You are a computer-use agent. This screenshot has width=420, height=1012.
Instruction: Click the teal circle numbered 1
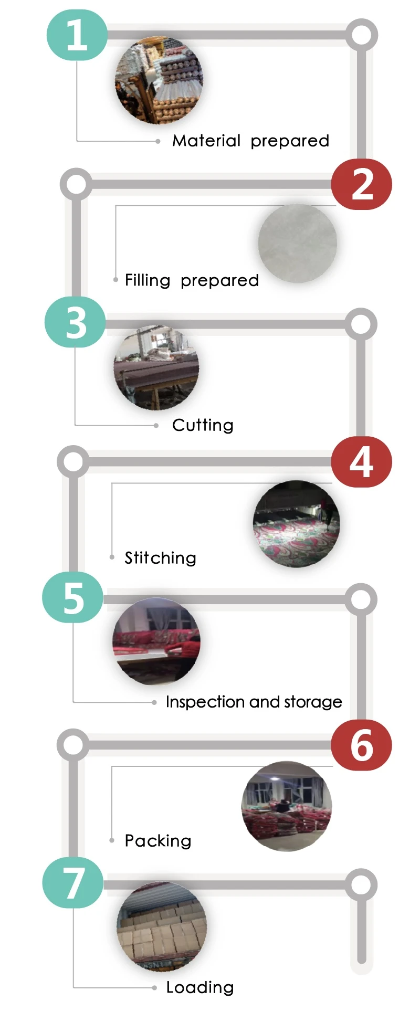pos(77,35)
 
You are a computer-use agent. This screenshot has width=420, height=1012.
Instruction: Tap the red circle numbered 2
pos(361,184)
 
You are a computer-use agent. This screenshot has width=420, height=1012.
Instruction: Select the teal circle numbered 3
pos(75,322)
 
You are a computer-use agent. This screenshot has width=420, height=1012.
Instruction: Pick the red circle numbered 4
pos(361,462)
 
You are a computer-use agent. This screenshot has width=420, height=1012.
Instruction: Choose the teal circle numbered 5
pos(72,598)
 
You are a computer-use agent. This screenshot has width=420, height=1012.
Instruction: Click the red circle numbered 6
pos(361,745)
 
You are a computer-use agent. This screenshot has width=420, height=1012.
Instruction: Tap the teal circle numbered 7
pos(72,883)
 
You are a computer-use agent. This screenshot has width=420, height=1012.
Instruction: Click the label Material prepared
pos(251,141)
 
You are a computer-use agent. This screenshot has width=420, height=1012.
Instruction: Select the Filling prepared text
pos(192,280)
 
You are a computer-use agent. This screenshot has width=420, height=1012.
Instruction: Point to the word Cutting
pos(203,425)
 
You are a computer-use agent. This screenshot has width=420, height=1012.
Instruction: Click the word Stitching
pos(160,557)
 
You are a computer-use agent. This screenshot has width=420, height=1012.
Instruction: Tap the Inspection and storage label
pos(254,702)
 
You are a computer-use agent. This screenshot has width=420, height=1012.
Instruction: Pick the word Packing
pos(157,841)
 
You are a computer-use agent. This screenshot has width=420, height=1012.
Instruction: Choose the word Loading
pos(200,987)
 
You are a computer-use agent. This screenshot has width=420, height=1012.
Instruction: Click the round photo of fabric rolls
pos(159,80)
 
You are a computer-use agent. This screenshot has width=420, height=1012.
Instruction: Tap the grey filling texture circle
pos(298,243)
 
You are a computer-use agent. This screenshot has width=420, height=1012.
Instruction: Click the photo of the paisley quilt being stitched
pos(297,524)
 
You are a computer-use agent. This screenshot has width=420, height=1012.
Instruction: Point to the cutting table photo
pos(156,367)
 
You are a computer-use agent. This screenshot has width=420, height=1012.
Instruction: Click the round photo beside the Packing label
pos(287,806)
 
